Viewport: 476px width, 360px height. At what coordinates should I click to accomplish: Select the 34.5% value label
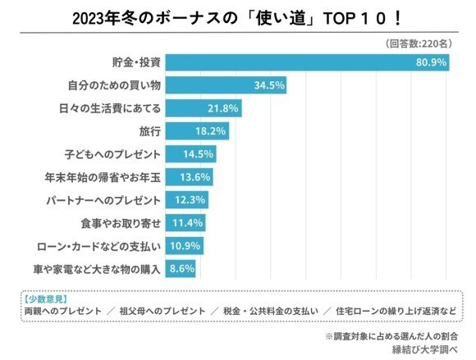pyautogui.click(x=269, y=85)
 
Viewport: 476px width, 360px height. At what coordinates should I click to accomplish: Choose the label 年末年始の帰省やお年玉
pyautogui.click(x=103, y=177)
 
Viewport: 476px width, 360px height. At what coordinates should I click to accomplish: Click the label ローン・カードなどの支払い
pyautogui.click(x=98, y=246)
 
